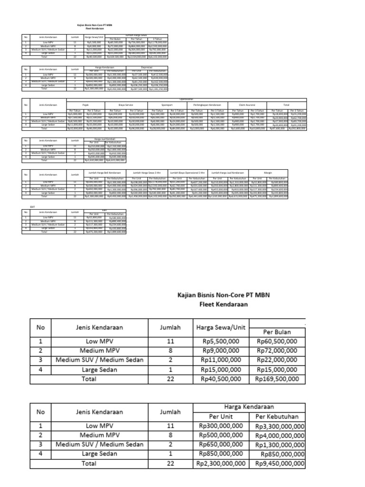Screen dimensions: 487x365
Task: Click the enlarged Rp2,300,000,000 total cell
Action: tap(221, 463)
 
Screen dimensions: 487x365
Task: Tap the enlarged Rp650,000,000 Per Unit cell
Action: tap(221, 444)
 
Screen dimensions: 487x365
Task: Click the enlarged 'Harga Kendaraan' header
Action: tap(249, 407)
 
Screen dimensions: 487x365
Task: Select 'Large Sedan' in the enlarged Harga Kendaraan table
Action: tap(99, 454)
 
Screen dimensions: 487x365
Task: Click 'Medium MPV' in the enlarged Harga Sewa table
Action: tap(99, 351)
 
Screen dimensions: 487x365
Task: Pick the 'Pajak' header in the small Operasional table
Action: tap(86, 104)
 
